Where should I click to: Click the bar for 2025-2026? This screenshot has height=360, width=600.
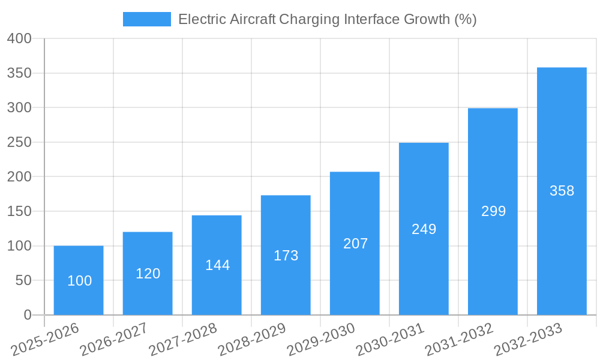coord(79,264)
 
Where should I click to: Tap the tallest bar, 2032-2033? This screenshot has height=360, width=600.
coord(562,150)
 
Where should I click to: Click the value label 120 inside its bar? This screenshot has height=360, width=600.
coord(148,274)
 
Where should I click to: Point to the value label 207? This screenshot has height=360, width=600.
coord(355,244)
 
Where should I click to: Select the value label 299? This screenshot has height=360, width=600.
coord(493,211)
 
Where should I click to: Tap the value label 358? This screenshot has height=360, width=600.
coord(562,191)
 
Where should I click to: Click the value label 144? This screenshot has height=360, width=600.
coord(217,265)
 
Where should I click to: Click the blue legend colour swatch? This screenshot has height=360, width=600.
coord(147,19)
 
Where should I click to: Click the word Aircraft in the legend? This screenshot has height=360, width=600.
coord(253,19)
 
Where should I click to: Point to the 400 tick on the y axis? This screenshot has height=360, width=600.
coord(19,38)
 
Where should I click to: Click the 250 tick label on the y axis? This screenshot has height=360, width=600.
coord(19,142)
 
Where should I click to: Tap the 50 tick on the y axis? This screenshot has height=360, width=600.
coord(23,280)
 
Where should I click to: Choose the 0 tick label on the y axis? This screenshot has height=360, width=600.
coord(27,315)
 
